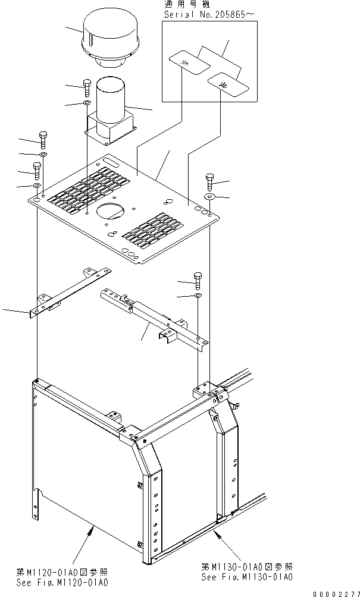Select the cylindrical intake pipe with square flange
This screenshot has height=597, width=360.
pyautogui.click(x=109, y=113)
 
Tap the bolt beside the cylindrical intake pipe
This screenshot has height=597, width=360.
pyautogui.click(x=87, y=88)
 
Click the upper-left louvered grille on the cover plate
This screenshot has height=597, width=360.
pyautogui.click(x=89, y=190)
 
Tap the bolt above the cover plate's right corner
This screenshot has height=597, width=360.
pyautogui.click(x=209, y=181)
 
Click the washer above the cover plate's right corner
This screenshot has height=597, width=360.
pyautogui.click(x=209, y=196)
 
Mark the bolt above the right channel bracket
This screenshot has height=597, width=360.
pyautogui.click(x=198, y=279)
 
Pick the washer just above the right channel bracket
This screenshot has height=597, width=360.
pyautogui.click(x=198, y=295)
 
